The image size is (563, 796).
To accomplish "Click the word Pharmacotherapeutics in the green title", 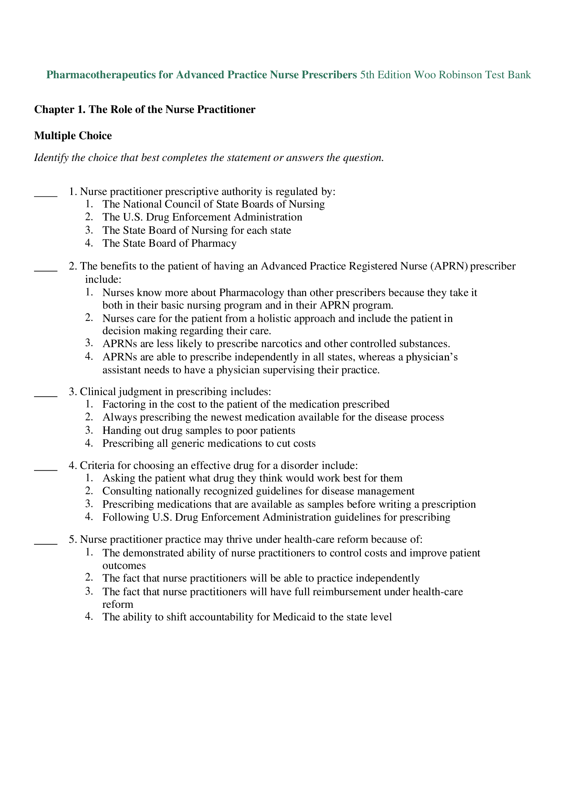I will [101, 75].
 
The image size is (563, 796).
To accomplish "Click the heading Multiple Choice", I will [73, 135].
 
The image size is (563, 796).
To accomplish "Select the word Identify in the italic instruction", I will [51, 158].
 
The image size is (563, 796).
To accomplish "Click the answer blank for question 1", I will [45, 195].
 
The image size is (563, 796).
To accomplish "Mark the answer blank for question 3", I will [45, 394].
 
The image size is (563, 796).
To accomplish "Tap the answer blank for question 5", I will [45, 542].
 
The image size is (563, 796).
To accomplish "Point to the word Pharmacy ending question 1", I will [213, 243].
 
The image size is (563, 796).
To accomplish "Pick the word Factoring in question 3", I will [124, 404].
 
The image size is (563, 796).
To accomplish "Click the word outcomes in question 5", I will [124, 566].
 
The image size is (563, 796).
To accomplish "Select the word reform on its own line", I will [117, 604].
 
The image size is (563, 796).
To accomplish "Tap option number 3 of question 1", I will [89, 230].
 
